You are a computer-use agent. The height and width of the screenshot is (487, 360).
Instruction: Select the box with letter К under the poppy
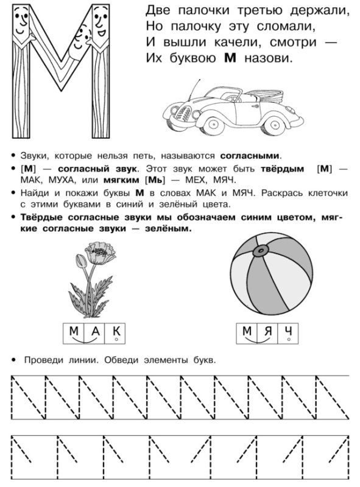tap(118, 331)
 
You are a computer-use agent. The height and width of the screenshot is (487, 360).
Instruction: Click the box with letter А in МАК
tap(96, 331)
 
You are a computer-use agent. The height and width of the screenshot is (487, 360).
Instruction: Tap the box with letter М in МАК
tap(74, 331)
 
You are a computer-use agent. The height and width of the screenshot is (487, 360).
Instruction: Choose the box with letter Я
tap(268, 331)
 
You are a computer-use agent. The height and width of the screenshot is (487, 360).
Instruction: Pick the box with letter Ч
tap(290, 331)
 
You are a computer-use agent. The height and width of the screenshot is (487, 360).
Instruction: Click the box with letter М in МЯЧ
tap(246, 331)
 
